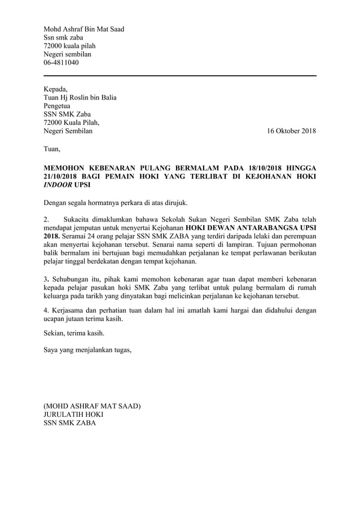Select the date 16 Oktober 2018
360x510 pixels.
pyautogui.click(x=291, y=132)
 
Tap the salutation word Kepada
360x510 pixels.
pyautogui.click(x=55, y=89)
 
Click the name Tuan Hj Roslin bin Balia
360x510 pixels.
pyautogui.click(x=80, y=97)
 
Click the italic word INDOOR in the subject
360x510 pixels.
pyautogui.click(x=58, y=185)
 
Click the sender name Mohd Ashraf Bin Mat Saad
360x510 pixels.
pyautogui.click(x=84, y=29)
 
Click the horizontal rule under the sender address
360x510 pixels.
pyautogui.click(x=180, y=76)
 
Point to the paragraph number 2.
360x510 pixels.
pyautogui.click(x=46, y=219)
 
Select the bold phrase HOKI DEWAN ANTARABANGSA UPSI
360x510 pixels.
pyautogui.click(x=252, y=228)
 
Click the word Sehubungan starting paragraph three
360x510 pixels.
pyautogui.click(x=71, y=279)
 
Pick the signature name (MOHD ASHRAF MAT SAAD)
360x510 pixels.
pyautogui.click(x=92, y=406)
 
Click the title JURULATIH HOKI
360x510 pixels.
pyautogui.click(x=73, y=414)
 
